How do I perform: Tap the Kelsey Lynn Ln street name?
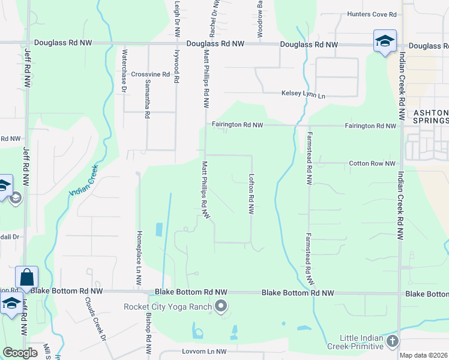coord(303,95)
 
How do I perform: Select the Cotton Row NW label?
coord(373,163)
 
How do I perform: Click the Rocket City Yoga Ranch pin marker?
coord(221,307)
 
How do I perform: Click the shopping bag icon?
coord(26,277)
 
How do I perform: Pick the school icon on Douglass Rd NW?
coord(385,41)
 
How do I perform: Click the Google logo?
coord(20,352)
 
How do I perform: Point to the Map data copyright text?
coord(423,355)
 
